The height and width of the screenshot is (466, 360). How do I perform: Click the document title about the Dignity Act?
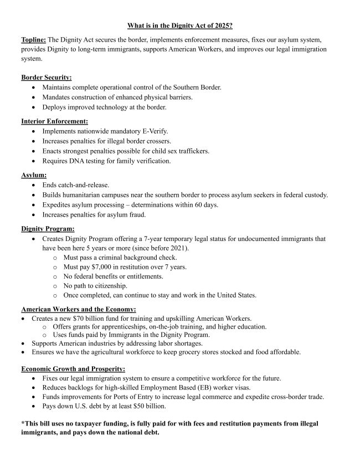tap(180, 25)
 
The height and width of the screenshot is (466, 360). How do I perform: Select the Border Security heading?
tap(47, 78)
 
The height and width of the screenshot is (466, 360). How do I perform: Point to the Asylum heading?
tap(33, 175)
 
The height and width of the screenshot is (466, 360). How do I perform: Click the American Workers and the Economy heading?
tap(79, 309)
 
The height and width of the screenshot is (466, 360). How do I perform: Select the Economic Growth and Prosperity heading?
tap(73, 368)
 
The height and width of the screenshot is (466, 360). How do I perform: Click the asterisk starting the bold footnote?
tap(23, 423)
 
